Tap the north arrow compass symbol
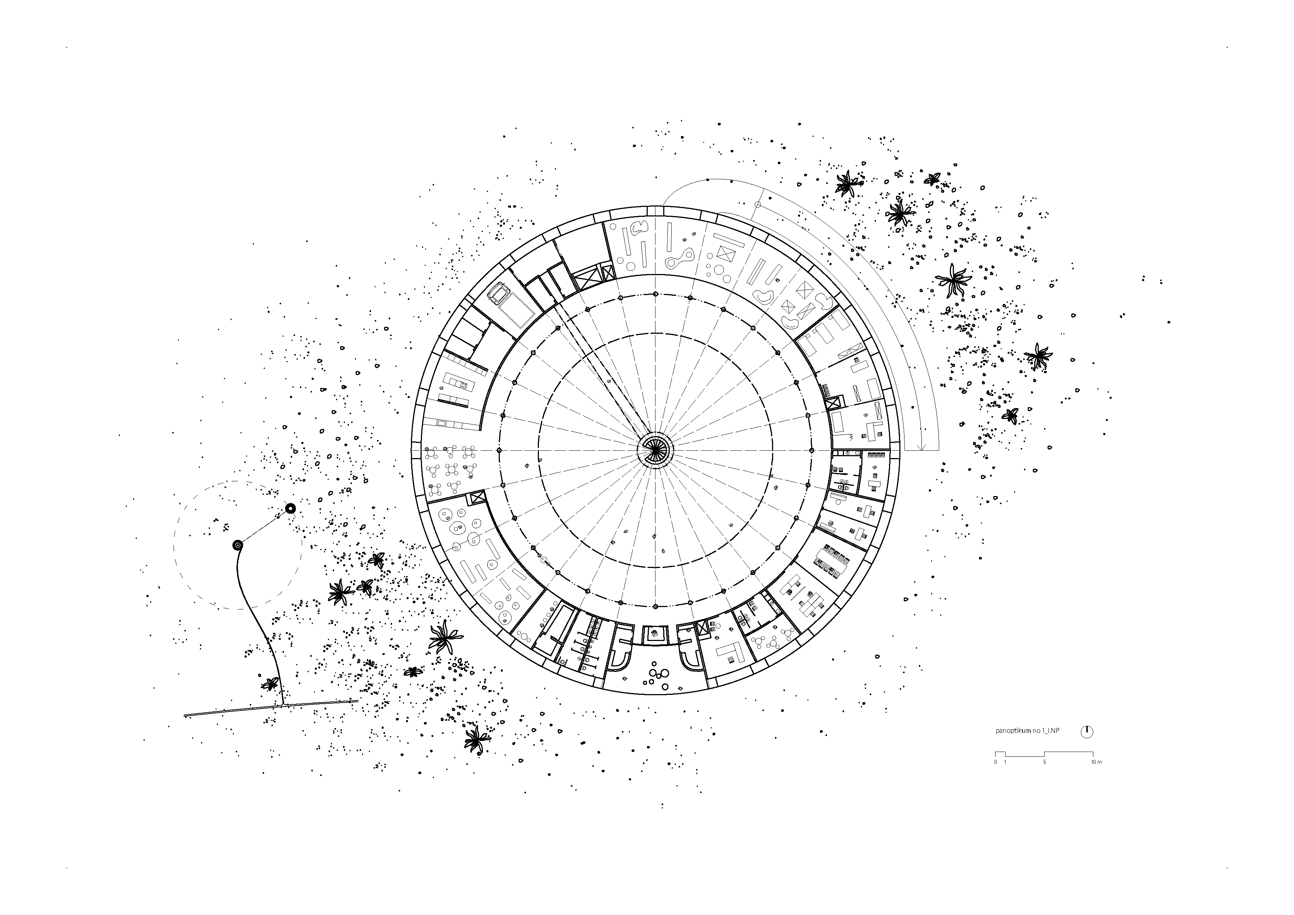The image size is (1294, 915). coord(1087,732)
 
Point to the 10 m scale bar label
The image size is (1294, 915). coord(1096,762)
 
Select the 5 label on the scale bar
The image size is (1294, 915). coord(1044,762)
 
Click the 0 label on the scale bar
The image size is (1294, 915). coord(995,762)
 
